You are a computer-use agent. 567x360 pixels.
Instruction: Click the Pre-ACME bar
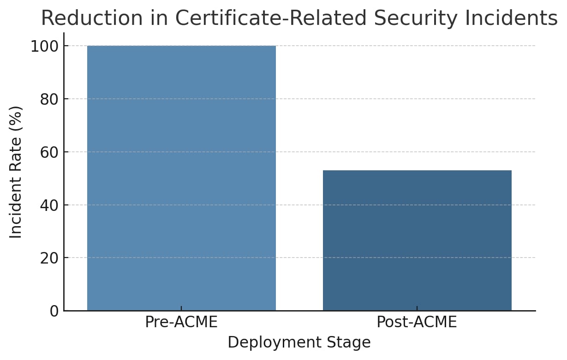181,178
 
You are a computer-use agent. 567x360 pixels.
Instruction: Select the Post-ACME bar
417,240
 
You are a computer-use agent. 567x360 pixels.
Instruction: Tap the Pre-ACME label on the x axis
181,322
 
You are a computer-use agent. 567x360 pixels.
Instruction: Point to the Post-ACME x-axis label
417,322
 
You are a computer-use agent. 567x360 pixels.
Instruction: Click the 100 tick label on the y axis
44,46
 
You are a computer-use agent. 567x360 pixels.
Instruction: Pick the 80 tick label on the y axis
49,99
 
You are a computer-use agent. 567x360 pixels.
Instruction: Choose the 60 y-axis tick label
49,152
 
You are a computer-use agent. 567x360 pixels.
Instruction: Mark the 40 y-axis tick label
49,205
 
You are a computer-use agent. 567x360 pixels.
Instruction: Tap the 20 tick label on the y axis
49,258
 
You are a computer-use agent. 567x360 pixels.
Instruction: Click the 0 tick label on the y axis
54,311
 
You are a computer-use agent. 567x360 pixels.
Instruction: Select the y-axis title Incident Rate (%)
16,172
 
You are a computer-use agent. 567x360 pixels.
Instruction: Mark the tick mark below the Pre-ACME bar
181,308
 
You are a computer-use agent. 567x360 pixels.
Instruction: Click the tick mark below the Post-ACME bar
417,308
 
